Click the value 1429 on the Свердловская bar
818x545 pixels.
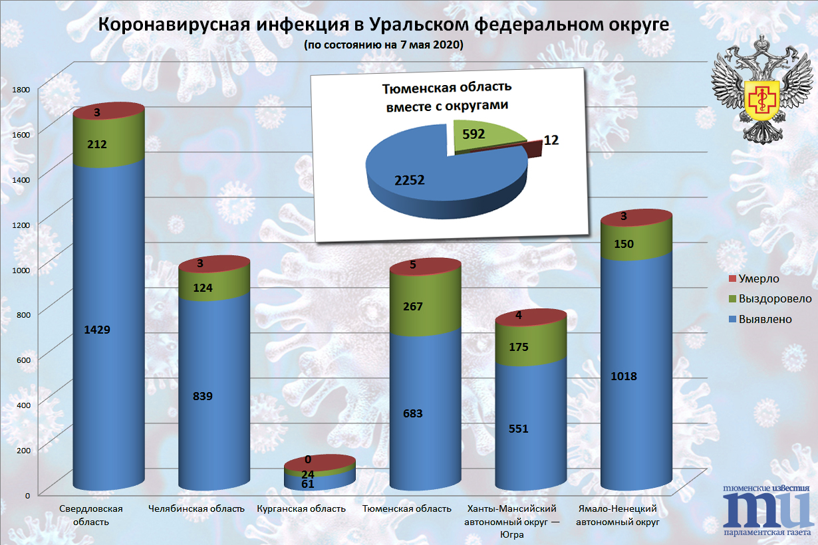tap(97, 330)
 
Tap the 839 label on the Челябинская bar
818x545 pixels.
tap(202, 396)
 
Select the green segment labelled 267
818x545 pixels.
tap(412, 306)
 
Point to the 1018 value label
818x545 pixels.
tap(624, 376)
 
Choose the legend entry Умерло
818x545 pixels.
tap(754, 278)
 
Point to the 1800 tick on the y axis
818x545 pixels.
tap(23, 88)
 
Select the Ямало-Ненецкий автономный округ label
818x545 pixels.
tap(618, 515)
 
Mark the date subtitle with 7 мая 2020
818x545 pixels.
tap(383, 46)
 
